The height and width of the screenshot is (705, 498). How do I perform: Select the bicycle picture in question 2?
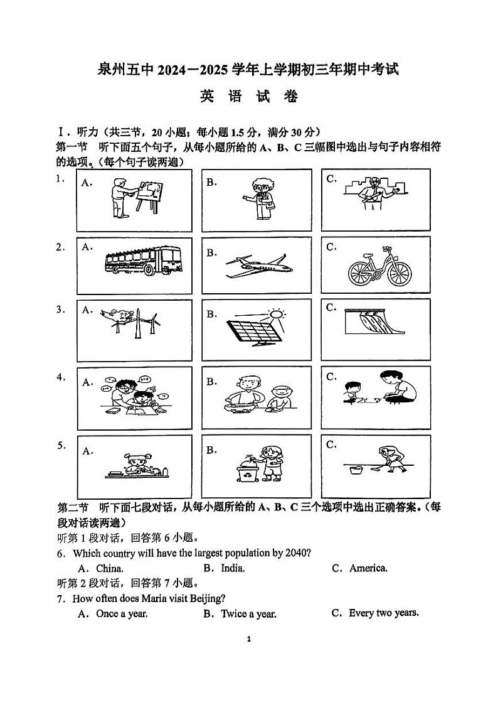(381, 266)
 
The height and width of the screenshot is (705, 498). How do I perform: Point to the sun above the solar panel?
(276, 313)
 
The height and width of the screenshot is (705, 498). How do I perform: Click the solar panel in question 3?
(253, 331)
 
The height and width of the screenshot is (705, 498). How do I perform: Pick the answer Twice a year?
(248, 614)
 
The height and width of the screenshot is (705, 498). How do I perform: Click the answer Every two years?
(383, 613)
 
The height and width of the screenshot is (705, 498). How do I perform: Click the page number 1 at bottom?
(249, 639)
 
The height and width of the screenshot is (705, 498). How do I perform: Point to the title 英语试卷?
(248, 97)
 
